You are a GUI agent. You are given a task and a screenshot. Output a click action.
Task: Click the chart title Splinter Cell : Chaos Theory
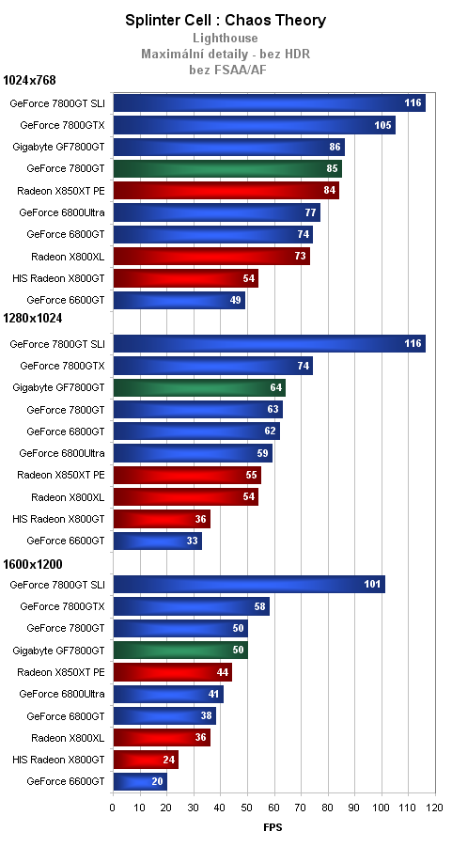[226, 20]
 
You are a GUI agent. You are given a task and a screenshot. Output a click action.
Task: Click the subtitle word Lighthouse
[226, 38]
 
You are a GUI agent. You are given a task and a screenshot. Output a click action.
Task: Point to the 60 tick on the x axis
[273, 808]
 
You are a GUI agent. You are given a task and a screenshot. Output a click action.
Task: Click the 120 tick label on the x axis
[433, 808]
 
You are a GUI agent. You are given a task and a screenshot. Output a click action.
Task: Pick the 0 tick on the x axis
[113, 808]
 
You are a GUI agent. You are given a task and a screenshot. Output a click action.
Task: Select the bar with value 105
[254, 125]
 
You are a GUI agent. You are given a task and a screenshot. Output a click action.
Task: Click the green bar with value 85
[226, 169]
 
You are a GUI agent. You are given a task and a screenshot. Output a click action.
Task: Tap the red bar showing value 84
[226, 191]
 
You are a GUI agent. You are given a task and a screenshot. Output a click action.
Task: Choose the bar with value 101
[248, 585]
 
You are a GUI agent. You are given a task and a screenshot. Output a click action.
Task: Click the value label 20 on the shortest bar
[157, 781]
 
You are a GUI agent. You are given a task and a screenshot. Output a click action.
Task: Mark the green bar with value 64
[198, 387]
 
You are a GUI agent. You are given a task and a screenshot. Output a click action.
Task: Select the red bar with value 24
[145, 760]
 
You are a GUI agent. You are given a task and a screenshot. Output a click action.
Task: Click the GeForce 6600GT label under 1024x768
[66, 300]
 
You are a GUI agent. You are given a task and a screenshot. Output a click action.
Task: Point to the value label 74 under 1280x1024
[303, 366]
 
